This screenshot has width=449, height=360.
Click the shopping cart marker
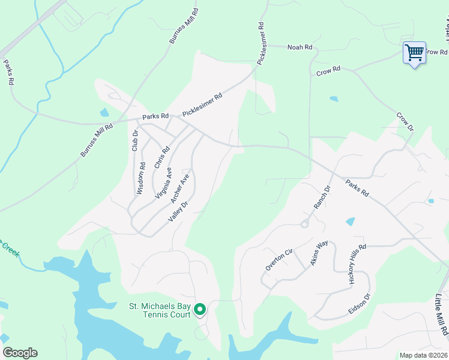pos(414,53)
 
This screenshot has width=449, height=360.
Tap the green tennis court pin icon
pos(200,310)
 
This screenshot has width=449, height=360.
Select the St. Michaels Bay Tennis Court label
pos(160,310)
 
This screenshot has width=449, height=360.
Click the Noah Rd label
pos(300,47)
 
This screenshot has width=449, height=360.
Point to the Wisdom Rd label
pos(141,179)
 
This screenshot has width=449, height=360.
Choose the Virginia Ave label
pos(163,183)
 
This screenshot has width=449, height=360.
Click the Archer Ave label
pos(180,189)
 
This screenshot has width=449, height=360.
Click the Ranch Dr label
pos(322,197)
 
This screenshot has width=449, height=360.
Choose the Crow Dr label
pos(406,121)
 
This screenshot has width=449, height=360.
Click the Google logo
pos(20,353)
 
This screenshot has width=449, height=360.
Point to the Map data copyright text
pos(423,355)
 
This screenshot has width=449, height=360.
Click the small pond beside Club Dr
pos(104,112)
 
